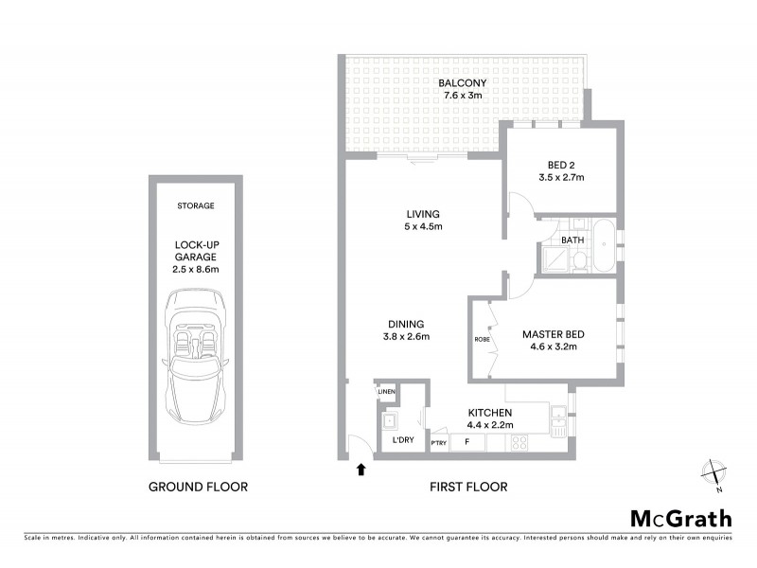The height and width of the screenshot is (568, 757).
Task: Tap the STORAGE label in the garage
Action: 196,205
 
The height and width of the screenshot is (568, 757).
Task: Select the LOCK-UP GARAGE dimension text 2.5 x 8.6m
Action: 196,270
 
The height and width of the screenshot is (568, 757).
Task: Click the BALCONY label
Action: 464,82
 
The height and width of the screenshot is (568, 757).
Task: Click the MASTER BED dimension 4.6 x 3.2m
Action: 553,347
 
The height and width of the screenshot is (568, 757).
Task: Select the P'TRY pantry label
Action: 439,443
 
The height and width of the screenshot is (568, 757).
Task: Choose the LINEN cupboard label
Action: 385,392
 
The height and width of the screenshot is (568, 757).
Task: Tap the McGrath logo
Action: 680,517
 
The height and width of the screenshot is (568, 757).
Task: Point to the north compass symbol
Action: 714,472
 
